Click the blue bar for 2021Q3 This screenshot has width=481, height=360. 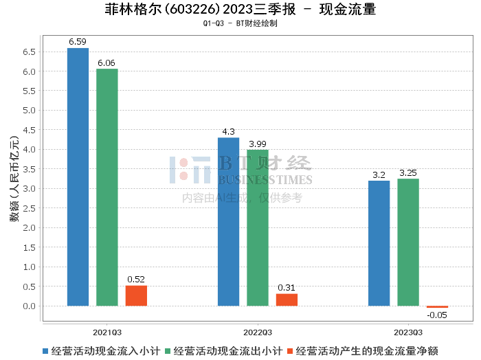pyautogui.click(x=78, y=177)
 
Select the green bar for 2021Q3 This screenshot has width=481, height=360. pyautogui.click(x=107, y=187)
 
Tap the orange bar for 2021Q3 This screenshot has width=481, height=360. pyautogui.click(x=136, y=295)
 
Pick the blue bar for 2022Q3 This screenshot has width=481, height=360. pyautogui.click(x=228, y=221)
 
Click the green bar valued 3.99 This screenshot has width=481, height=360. pyautogui.click(x=258, y=227)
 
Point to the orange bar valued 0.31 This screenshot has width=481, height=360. pyautogui.click(x=287, y=300)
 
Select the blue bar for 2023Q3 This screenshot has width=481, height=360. pyautogui.click(x=379, y=243)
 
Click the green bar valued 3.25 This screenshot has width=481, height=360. pyautogui.click(x=407, y=242)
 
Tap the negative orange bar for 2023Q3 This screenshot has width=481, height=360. pyautogui.click(x=437, y=306)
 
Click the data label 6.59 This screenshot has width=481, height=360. pyautogui.click(x=78, y=42)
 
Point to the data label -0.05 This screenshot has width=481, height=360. pyautogui.click(x=437, y=315)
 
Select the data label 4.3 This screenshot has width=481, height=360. pyautogui.click(x=228, y=132)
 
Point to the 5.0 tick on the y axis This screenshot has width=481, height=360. pyautogui.click(x=30, y=111)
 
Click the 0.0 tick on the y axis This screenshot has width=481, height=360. pyautogui.click(x=30, y=306)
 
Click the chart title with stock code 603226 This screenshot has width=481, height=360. pyautogui.click(x=240, y=10)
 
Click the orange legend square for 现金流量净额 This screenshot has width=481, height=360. pyautogui.click(x=291, y=351)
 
